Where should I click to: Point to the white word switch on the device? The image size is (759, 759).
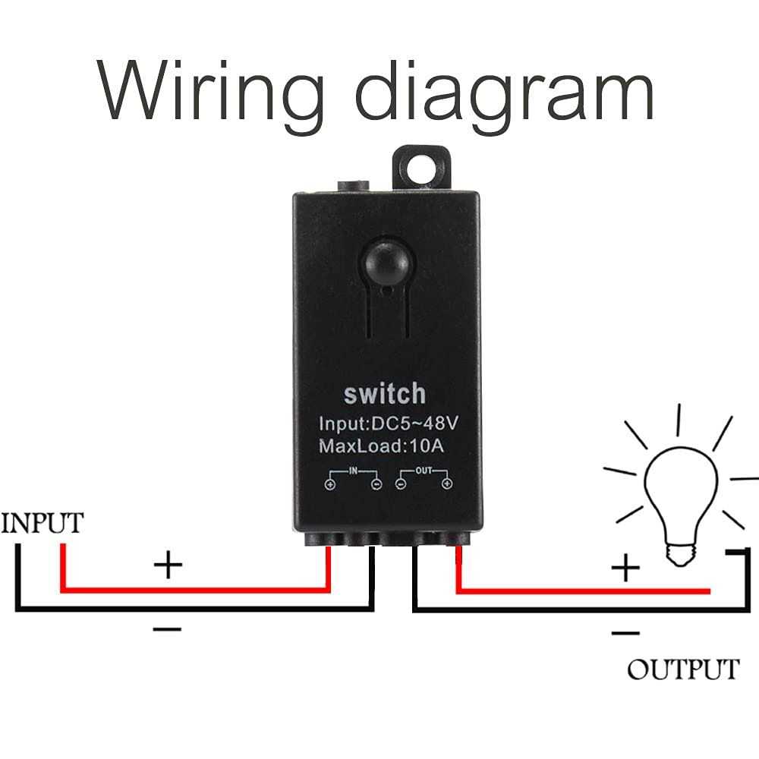click(x=385, y=394)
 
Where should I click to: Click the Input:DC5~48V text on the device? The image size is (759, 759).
click(x=385, y=423)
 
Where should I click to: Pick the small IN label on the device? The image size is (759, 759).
click(x=353, y=471)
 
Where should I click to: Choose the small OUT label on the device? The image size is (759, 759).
click(x=424, y=471)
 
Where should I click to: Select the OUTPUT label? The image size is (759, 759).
click(x=682, y=669)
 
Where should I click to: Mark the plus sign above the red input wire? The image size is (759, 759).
click(x=168, y=565)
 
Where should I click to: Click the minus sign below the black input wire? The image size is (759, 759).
click(x=168, y=629)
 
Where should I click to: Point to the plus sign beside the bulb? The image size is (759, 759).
click(x=626, y=567)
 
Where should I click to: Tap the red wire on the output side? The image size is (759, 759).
click(x=577, y=591)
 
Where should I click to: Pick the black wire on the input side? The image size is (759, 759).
click(x=190, y=607)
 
